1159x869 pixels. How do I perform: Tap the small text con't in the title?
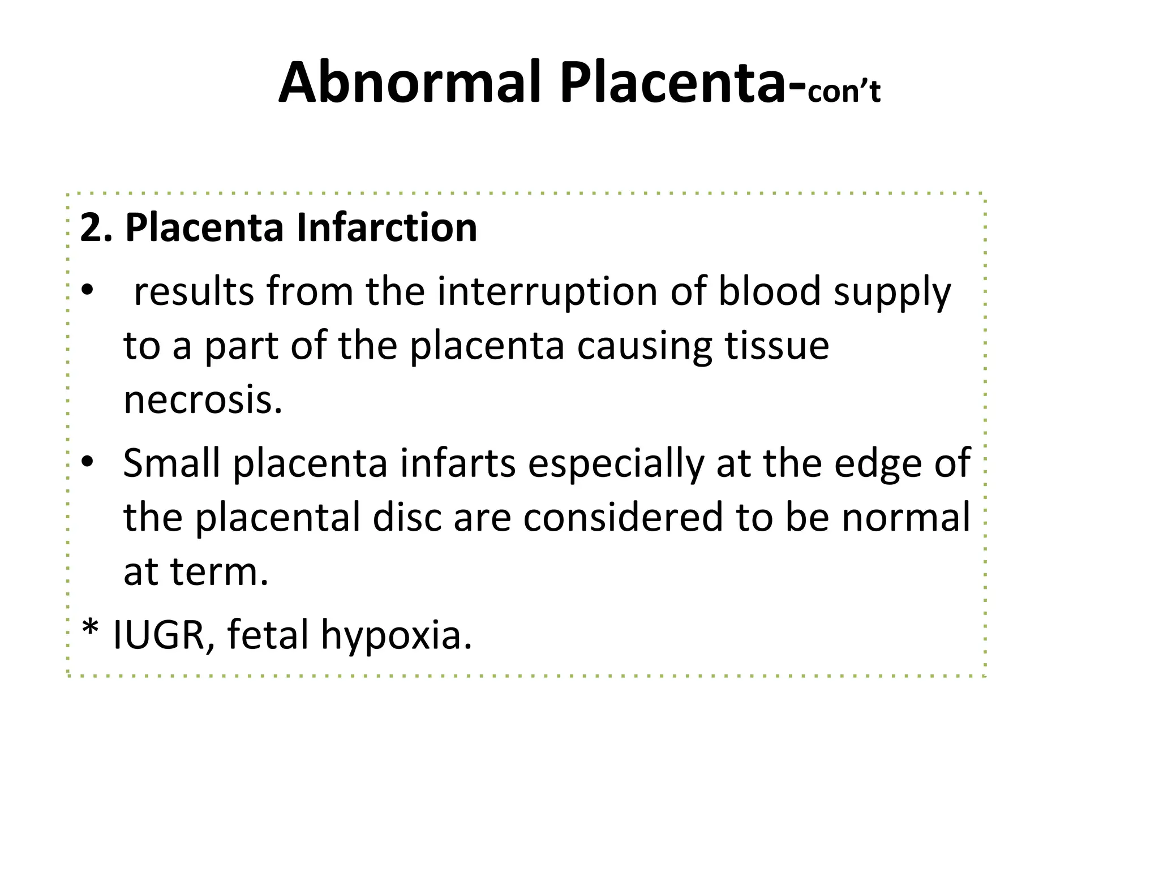click(x=844, y=92)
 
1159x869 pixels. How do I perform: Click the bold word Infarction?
click(x=387, y=228)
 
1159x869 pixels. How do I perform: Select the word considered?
click(x=623, y=517)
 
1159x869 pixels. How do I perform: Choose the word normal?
click(x=905, y=517)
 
